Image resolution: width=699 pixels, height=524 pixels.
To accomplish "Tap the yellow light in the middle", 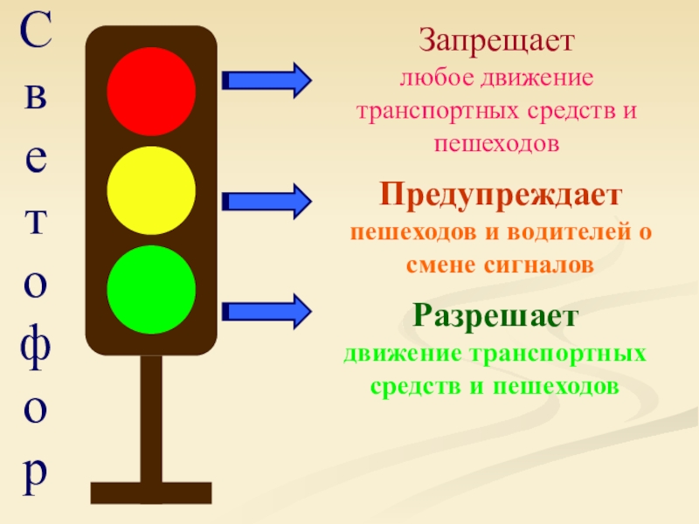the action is pyautogui.click(x=150, y=190).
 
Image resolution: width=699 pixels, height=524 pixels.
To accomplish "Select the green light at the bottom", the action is pyautogui.click(x=150, y=290).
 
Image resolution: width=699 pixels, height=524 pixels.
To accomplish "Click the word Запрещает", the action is pyautogui.click(x=495, y=41).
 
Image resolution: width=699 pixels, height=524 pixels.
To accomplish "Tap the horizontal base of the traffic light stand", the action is pyautogui.click(x=150, y=493).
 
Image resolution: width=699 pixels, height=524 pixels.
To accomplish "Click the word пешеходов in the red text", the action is pyautogui.click(x=495, y=143).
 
